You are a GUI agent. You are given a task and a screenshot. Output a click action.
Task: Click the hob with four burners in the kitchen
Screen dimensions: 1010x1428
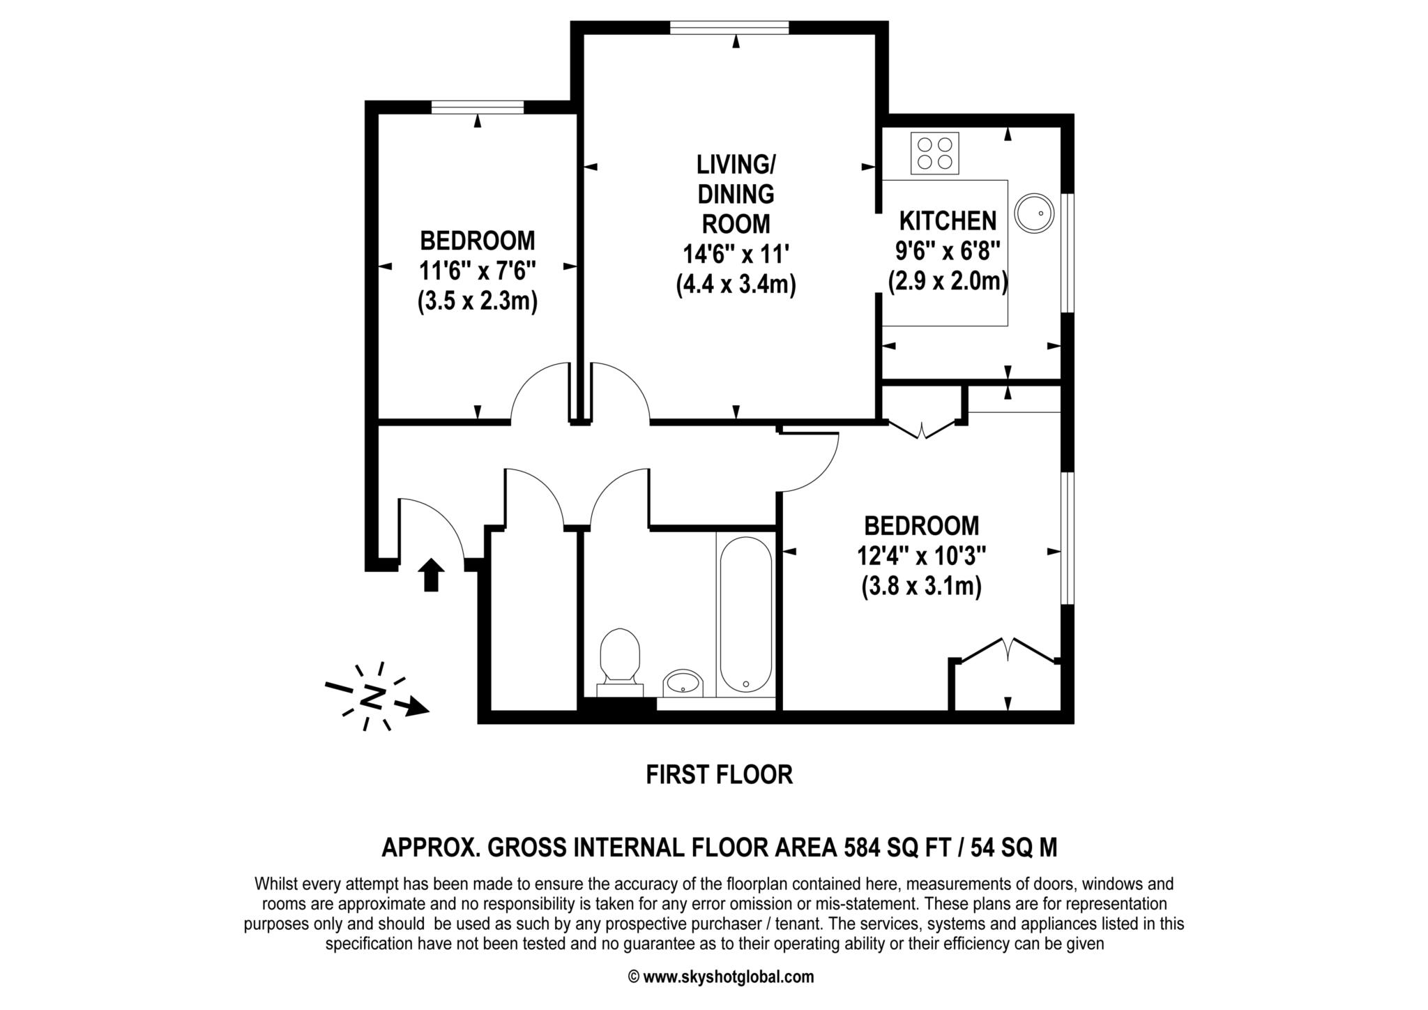934,154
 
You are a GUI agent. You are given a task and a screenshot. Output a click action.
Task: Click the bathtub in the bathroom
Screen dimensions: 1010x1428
745,614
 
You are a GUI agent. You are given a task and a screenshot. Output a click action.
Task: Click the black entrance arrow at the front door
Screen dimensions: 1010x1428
432,574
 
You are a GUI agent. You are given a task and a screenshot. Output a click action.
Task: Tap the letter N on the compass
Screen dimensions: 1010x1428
374,696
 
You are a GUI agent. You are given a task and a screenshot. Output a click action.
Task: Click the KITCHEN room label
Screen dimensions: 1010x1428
948,221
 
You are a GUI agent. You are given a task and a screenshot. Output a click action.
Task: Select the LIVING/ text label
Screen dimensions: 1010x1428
736,165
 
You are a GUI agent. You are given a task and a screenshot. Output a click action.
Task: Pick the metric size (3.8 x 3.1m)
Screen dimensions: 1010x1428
921,586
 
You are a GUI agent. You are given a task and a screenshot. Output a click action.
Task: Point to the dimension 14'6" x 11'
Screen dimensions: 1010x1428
736,255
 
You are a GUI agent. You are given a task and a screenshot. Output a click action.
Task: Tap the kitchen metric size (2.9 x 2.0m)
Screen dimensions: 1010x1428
948,281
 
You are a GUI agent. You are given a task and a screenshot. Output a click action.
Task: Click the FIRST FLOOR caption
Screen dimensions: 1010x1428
719,775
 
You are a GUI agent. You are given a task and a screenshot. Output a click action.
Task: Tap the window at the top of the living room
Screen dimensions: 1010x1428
729,27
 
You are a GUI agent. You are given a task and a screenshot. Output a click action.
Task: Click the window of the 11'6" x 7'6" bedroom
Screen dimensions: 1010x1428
477,107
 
